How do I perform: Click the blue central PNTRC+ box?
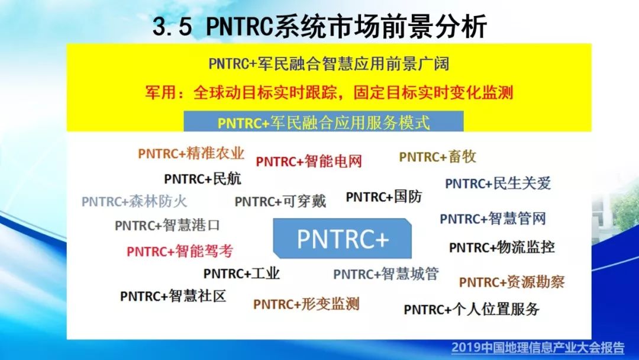343,239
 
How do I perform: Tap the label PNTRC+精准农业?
191,154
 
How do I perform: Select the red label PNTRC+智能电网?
309,162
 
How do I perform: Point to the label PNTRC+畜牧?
438,156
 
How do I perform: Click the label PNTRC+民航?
202,179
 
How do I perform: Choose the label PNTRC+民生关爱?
498,184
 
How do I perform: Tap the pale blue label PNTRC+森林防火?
134,201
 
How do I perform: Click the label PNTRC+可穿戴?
280,201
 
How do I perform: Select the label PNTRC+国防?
384,197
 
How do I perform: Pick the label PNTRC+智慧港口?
167,226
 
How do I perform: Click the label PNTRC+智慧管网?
493,218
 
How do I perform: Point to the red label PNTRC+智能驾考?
180,251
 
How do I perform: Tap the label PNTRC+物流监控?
502,247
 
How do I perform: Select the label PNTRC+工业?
241,274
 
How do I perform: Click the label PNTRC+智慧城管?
386,274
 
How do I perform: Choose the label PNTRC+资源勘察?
512,282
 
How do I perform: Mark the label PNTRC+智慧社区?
173,296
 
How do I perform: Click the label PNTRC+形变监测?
306,304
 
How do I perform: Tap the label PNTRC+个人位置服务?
472,310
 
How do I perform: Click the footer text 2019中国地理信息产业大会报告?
538,348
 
